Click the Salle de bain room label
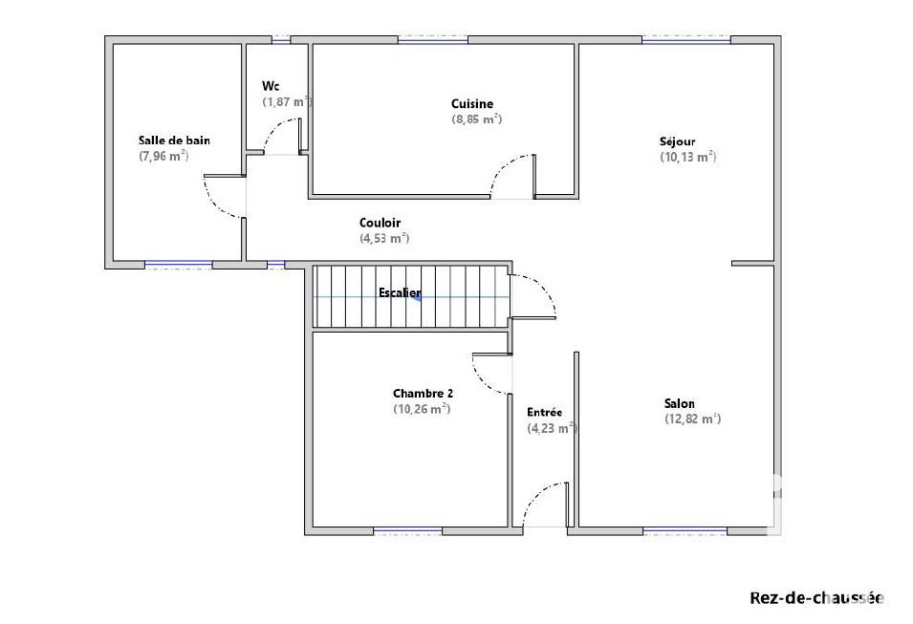(174, 140)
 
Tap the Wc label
(271, 86)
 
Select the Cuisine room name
(472, 103)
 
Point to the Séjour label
(677, 141)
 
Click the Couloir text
(380, 223)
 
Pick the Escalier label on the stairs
(400, 292)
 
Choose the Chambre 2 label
(423, 394)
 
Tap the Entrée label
(544, 412)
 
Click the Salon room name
(680, 403)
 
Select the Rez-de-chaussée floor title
(816, 598)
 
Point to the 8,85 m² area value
(477, 119)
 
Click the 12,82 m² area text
(693, 420)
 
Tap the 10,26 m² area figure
(422, 409)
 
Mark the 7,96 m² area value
(163, 156)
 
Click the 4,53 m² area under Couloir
(384, 238)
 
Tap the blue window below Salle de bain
(179, 265)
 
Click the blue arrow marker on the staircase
(416, 297)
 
